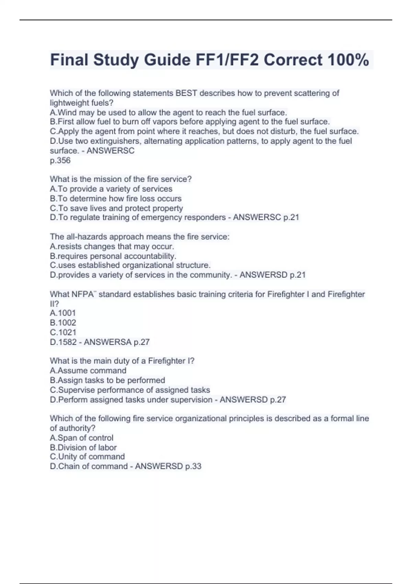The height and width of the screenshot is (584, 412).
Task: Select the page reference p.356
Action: pyautogui.click(x=60, y=160)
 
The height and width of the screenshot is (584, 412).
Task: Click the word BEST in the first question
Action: pyautogui.click(x=186, y=93)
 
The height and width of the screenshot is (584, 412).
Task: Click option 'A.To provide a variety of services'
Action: pyautogui.click(x=111, y=189)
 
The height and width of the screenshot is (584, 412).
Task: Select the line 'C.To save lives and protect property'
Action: pyautogui.click(x=116, y=208)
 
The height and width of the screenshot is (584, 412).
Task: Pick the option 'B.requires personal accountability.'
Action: pyautogui.click(x=113, y=256)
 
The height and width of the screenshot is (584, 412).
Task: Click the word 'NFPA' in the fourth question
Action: pyautogui.click(x=82, y=294)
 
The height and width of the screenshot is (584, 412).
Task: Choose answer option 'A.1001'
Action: pyautogui.click(x=62, y=313)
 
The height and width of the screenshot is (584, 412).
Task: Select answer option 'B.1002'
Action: pyautogui.click(x=63, y=323)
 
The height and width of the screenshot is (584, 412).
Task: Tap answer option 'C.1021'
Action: pyautogui.click(x=63, y=332)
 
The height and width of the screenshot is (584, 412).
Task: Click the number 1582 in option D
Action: pyautogui.click(x=67, y=342)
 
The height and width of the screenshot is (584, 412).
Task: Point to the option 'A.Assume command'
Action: pyautogui.click(x=88, y=371)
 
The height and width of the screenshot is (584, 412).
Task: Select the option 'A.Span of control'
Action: pyautogui.click(x=81, y=438)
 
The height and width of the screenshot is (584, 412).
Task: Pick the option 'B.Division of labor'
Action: pyautogui.click(x=83, y=447)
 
